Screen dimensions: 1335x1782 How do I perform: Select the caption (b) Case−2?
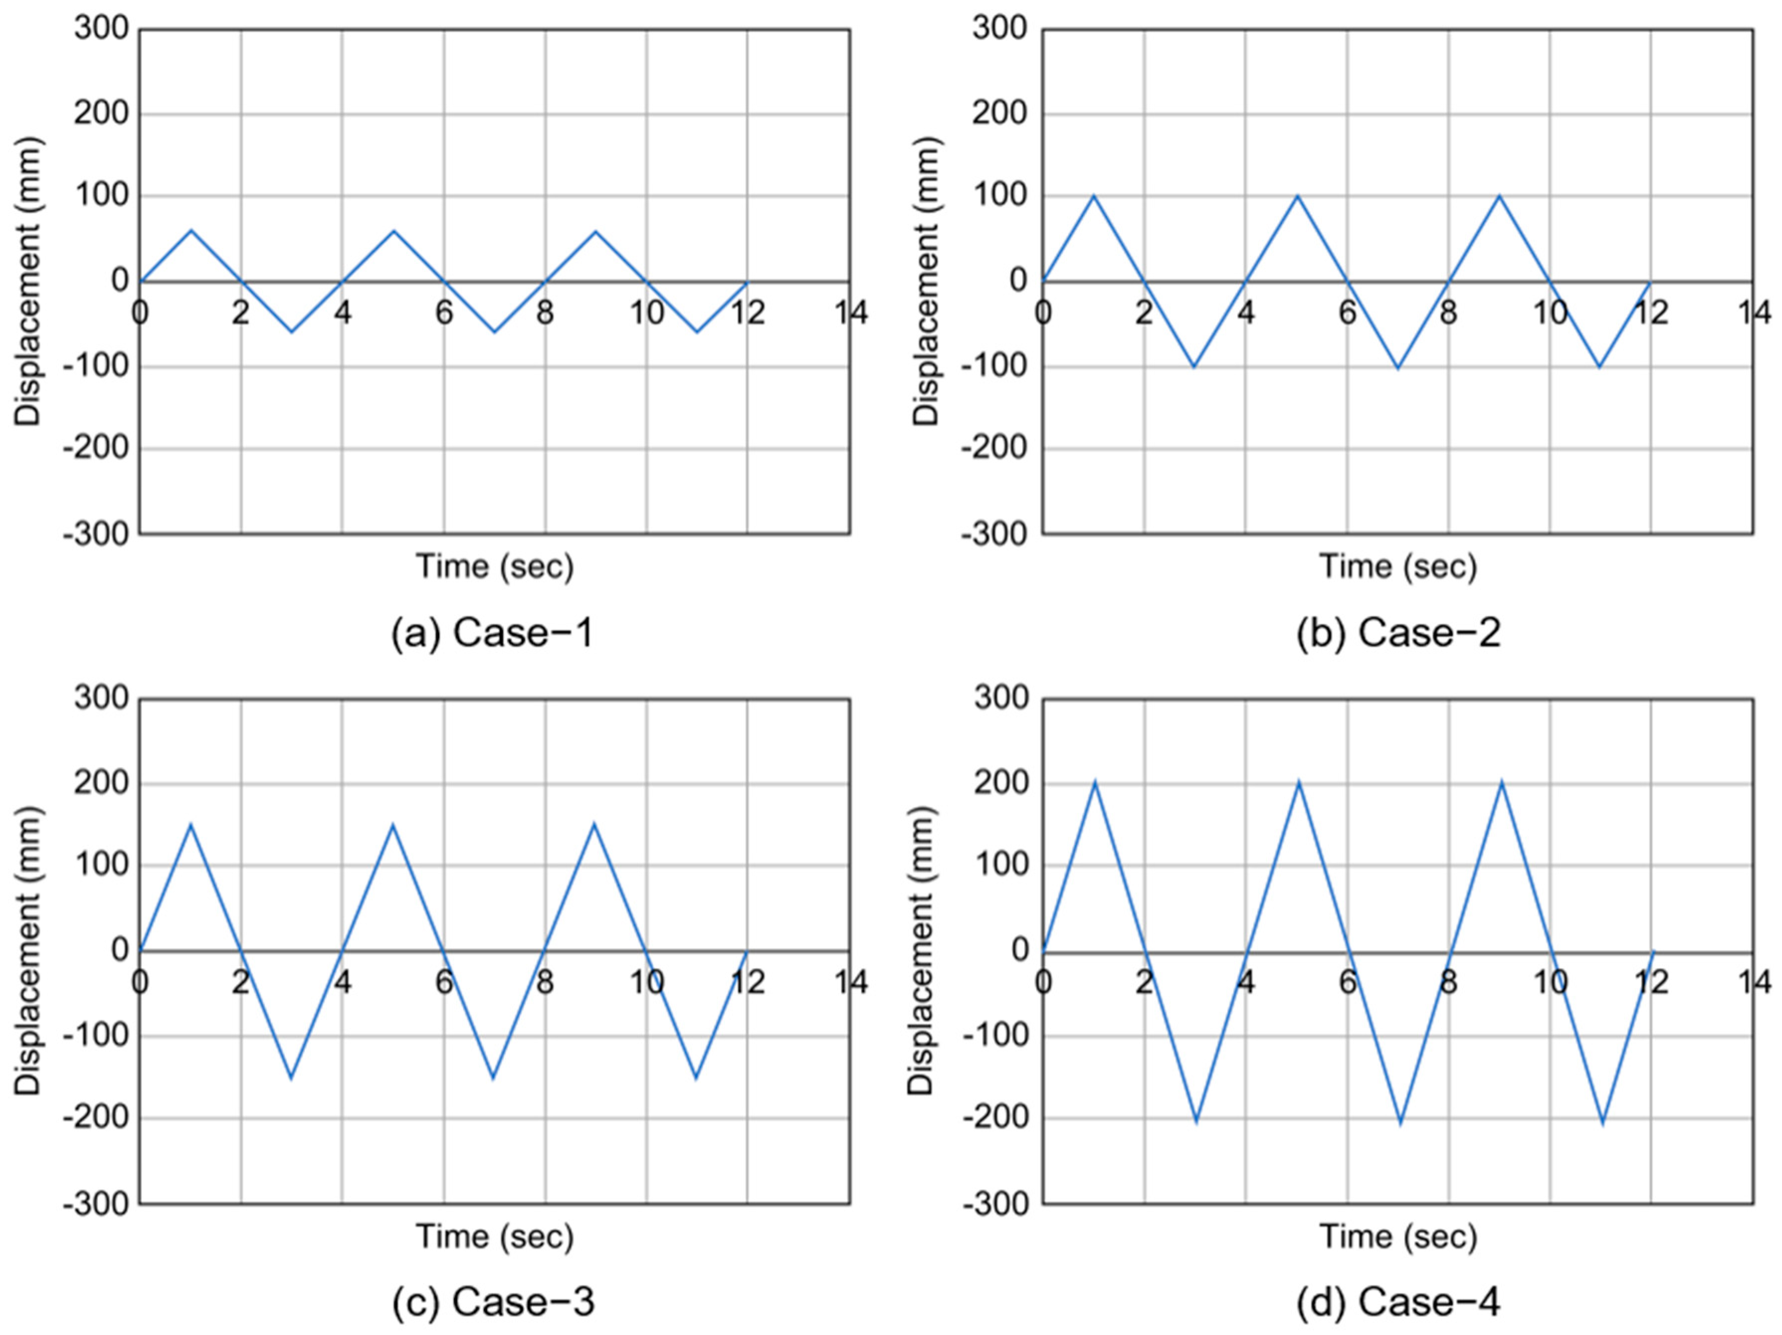pos(1398,633)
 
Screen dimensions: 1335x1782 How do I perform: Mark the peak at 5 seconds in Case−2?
pos(1297,196)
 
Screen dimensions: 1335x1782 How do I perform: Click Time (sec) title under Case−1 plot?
pos(494,567)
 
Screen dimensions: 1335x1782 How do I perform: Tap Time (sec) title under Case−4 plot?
pos(1398,1236)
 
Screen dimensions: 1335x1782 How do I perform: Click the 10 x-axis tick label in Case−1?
pos(646,312)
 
